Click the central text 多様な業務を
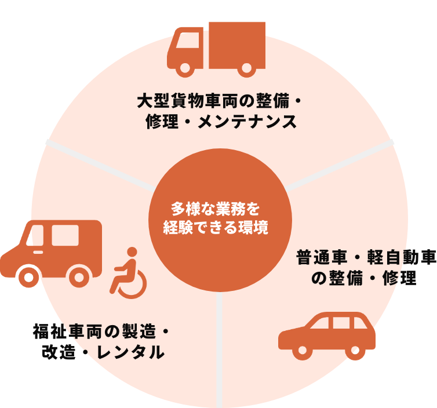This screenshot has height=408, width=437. point(216,208)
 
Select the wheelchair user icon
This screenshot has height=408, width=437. point(128,273)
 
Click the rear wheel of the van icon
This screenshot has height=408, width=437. point(79,277)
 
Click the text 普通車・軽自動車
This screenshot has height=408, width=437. point(366,257)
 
